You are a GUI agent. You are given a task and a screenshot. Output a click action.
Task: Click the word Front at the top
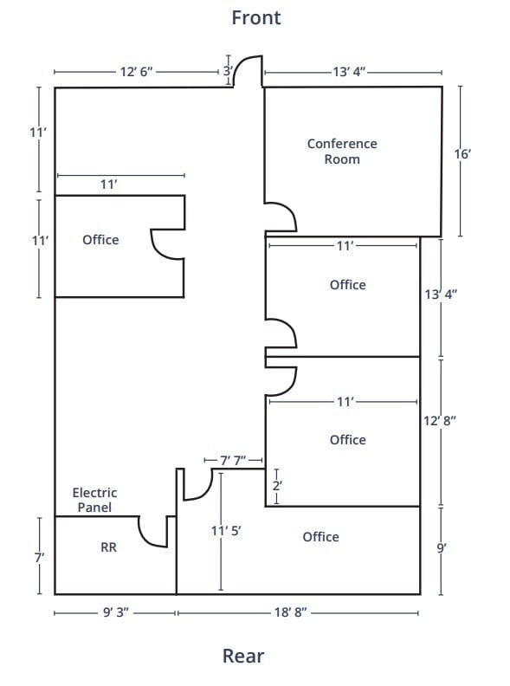tap(255, 17)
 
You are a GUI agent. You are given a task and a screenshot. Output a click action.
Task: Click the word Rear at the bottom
tap(243, 656)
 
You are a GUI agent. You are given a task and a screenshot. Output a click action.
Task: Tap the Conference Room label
tap(342, 152)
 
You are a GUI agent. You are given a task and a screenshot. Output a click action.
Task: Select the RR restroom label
tap(108, 547)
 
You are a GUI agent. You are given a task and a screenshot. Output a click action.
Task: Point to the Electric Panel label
tap(94, 500)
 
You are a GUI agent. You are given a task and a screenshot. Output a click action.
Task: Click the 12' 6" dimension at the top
tap(136, 72)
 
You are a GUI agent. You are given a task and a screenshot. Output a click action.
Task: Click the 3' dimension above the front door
tap(228, 71)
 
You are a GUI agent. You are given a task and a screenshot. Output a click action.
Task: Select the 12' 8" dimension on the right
tap(440, 420)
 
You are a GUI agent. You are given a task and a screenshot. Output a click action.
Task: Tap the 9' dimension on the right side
tap(441, 547)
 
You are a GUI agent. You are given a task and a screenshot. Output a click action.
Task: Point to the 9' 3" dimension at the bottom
tap(115, 613)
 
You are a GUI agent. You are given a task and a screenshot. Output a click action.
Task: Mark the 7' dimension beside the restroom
tap(39, 559)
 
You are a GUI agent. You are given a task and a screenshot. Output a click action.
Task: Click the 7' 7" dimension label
tap(234, 461)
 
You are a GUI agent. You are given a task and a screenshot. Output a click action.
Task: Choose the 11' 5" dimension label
tap(226, 531)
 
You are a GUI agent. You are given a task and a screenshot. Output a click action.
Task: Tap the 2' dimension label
tap(277, 486)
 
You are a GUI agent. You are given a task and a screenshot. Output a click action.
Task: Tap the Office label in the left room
tap(100, 240)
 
